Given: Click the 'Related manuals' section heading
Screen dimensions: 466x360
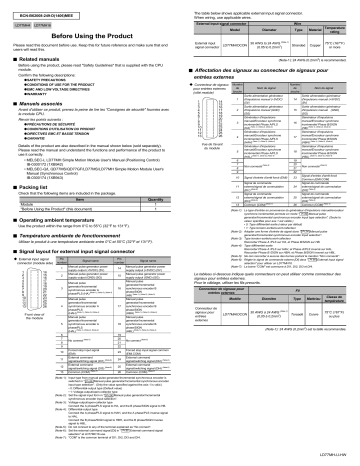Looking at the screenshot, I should (x=44, y=61).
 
